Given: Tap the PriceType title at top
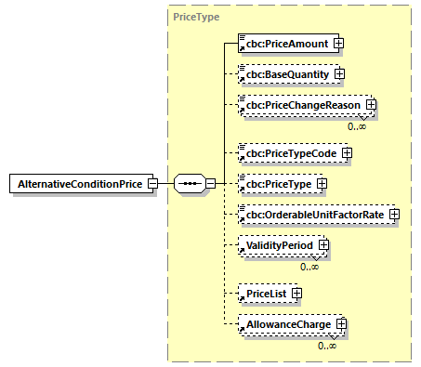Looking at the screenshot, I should [195, 17].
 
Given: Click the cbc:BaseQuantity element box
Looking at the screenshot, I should [284, 74].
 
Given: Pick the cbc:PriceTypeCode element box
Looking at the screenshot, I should [290, 152].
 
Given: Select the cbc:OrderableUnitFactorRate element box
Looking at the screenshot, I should [312, 216].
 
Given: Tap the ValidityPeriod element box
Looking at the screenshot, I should [279, 246].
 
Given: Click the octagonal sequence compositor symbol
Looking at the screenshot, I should [190, 183].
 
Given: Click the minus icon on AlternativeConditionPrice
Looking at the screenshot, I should [151, 183].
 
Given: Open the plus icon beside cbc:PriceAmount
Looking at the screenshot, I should [340, 43].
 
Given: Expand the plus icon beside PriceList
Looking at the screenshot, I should [296, 293].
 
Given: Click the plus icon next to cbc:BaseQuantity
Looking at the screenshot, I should [339, 74].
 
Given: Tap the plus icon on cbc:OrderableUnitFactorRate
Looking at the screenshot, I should [394, 216].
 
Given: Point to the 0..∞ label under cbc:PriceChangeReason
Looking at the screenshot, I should [357, 126].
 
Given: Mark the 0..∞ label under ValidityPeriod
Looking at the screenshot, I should [310, 267].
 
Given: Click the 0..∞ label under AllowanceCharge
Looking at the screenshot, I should [326, 345].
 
